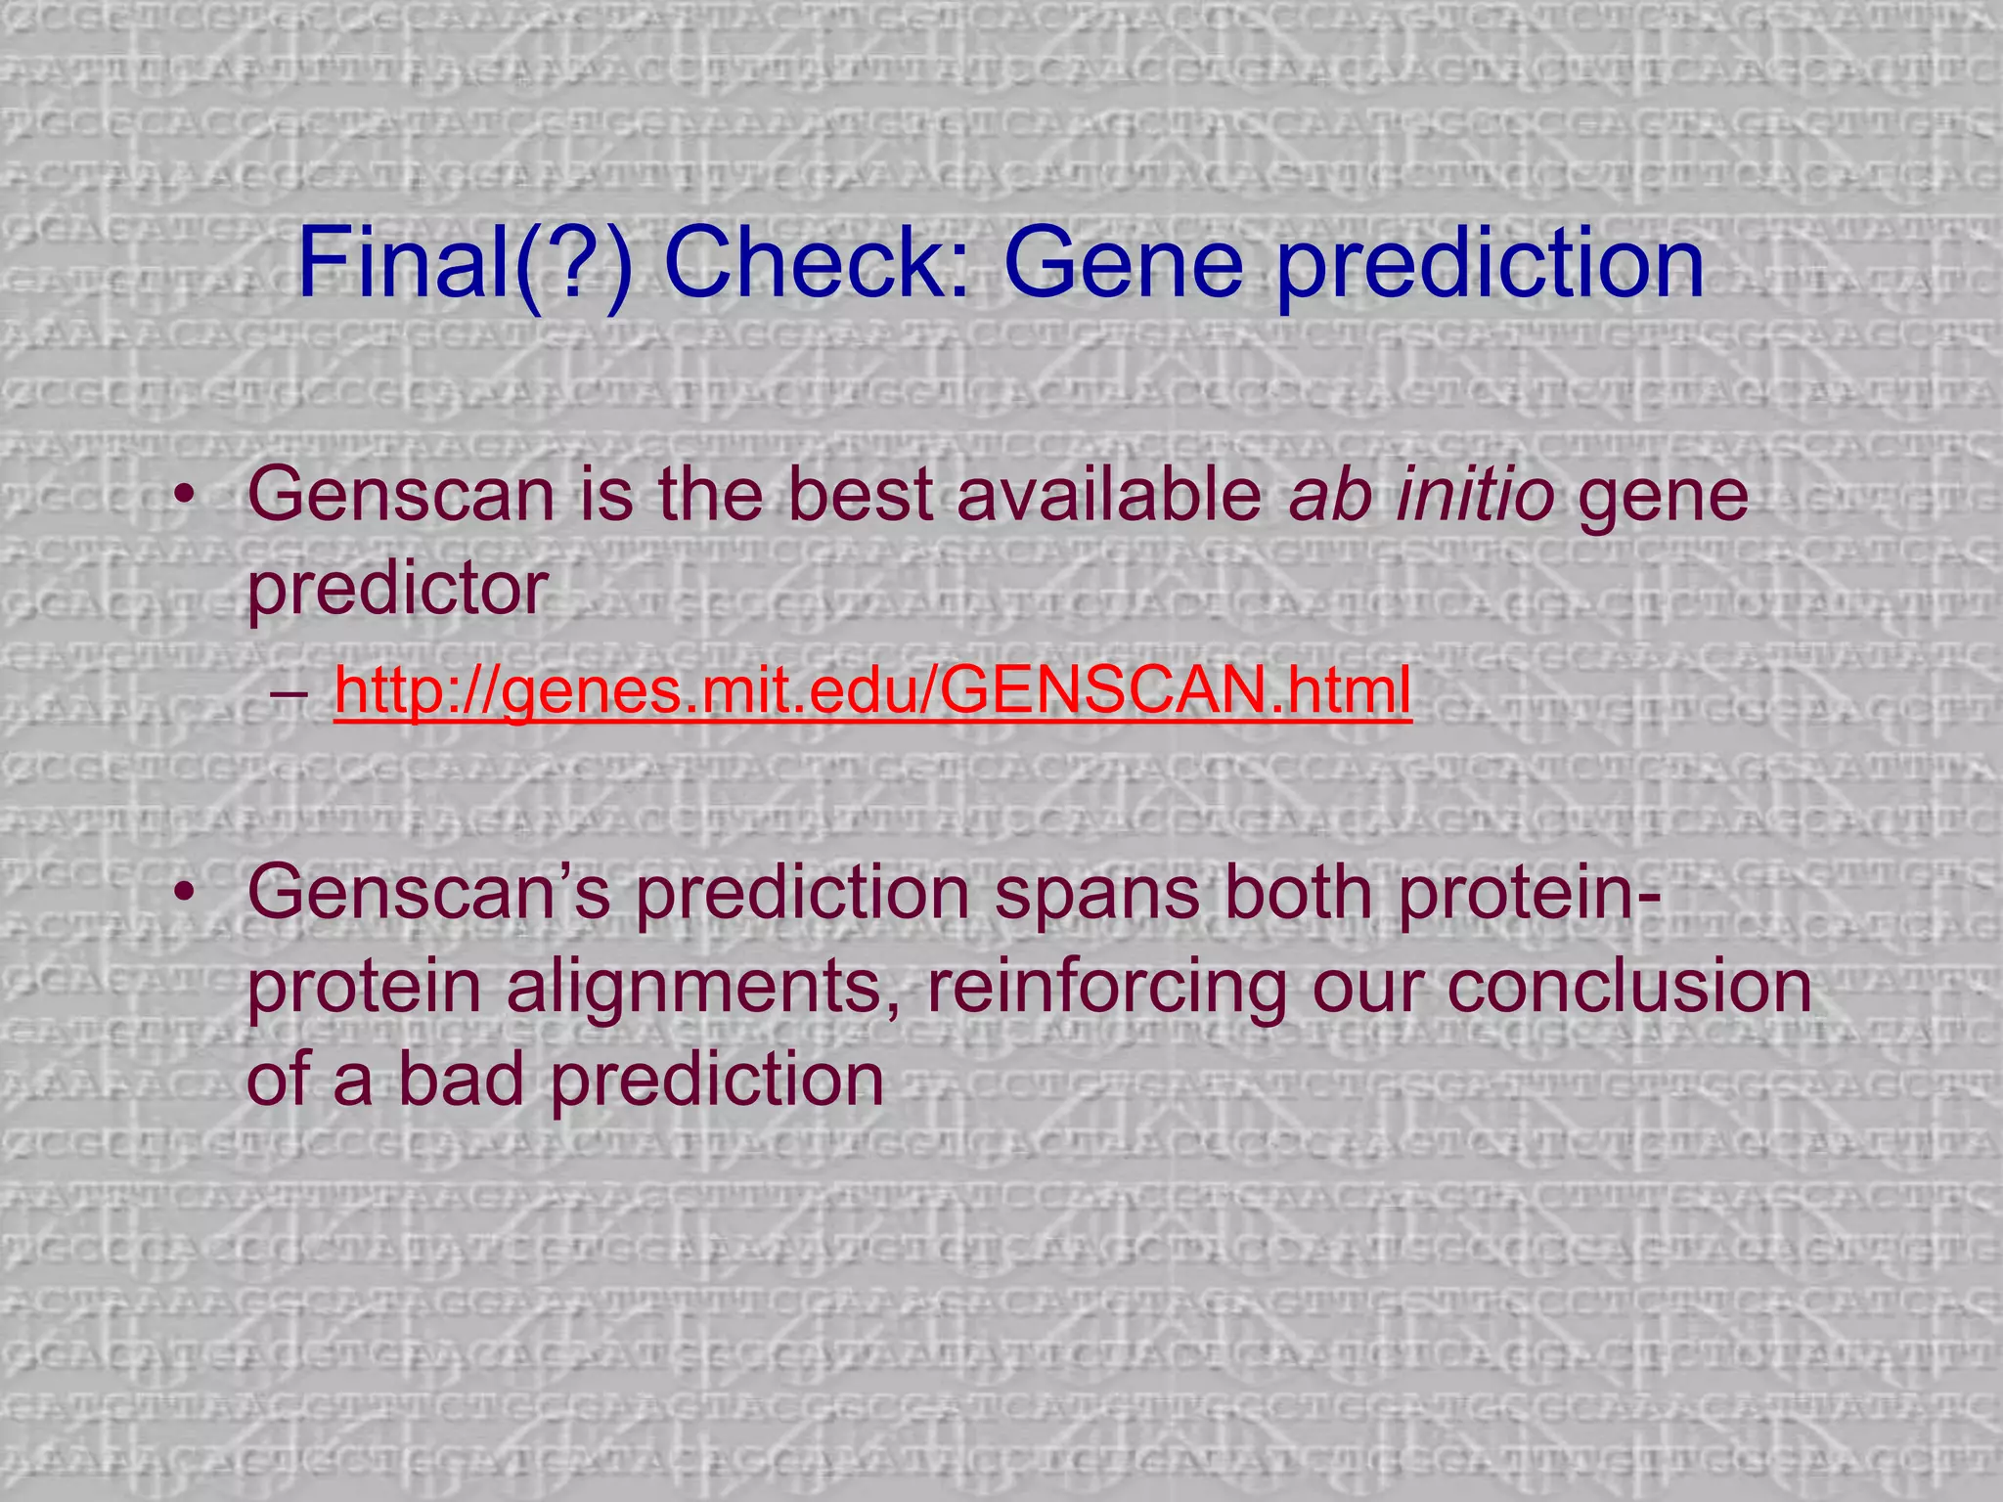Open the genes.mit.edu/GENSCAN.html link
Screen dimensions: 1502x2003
pyautogui.click(x=872, y=690)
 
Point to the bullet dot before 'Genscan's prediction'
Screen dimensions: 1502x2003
pyautogui.click(x=184, y=893)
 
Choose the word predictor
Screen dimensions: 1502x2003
pyautogui.click(x=396, y=590)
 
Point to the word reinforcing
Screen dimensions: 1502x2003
pyautogui.click(x=1105, y=988)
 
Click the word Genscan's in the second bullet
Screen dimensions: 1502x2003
pyautogui.click(x=429, y=892)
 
